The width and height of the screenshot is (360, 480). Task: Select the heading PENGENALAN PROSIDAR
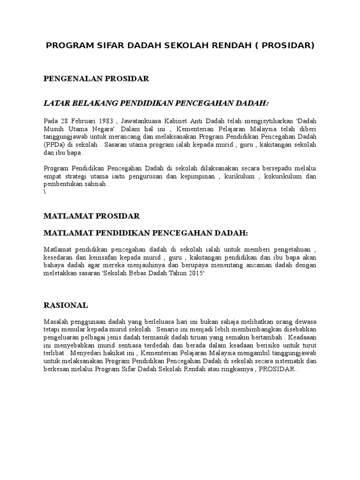(x=96, y=79)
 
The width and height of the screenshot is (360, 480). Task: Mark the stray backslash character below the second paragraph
(x=45, y=193)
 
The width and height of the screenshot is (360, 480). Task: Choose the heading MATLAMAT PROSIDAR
(x=91, y=216)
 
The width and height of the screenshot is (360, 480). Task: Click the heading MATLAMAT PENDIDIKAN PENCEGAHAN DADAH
(x=145, y=233)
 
